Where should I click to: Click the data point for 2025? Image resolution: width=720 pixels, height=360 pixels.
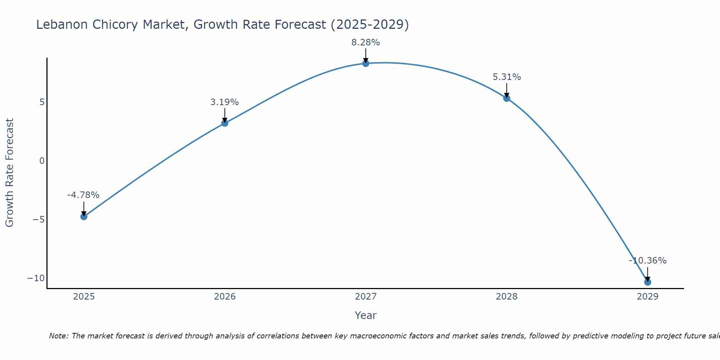tap(84, 216)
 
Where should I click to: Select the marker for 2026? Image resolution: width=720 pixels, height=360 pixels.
tap(225, 123)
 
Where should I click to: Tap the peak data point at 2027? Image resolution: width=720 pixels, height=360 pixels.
tap(366, 63)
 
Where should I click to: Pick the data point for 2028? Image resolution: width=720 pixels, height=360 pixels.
tap(507, 98)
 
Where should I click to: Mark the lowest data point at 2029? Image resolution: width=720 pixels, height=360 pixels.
tap(648, 282)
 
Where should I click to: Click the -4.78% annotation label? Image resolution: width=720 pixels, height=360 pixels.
tap(83, 195)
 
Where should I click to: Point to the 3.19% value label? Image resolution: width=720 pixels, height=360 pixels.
tap(225, 102)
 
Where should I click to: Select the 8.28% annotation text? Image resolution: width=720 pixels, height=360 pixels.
tap(366, 42)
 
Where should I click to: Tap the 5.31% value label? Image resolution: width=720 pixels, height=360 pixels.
tap(507, 77)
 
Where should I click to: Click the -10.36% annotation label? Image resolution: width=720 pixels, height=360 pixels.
tap(648, 261)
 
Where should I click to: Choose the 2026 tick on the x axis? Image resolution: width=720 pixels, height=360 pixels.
tap(225, 297)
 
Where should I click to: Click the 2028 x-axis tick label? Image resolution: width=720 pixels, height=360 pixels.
tap(507, 297)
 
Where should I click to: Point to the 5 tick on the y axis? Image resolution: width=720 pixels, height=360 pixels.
tap(42, 102)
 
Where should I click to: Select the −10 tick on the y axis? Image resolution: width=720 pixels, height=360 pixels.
tap(36, 278)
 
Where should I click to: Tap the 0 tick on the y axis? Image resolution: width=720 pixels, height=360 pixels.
tap(42, 161)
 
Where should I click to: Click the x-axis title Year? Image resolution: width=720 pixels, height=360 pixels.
tap(365, 315)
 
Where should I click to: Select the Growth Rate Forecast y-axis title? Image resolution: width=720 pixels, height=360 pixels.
tap(9, 173)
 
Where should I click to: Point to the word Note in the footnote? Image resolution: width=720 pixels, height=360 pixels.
tap(58, 336)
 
